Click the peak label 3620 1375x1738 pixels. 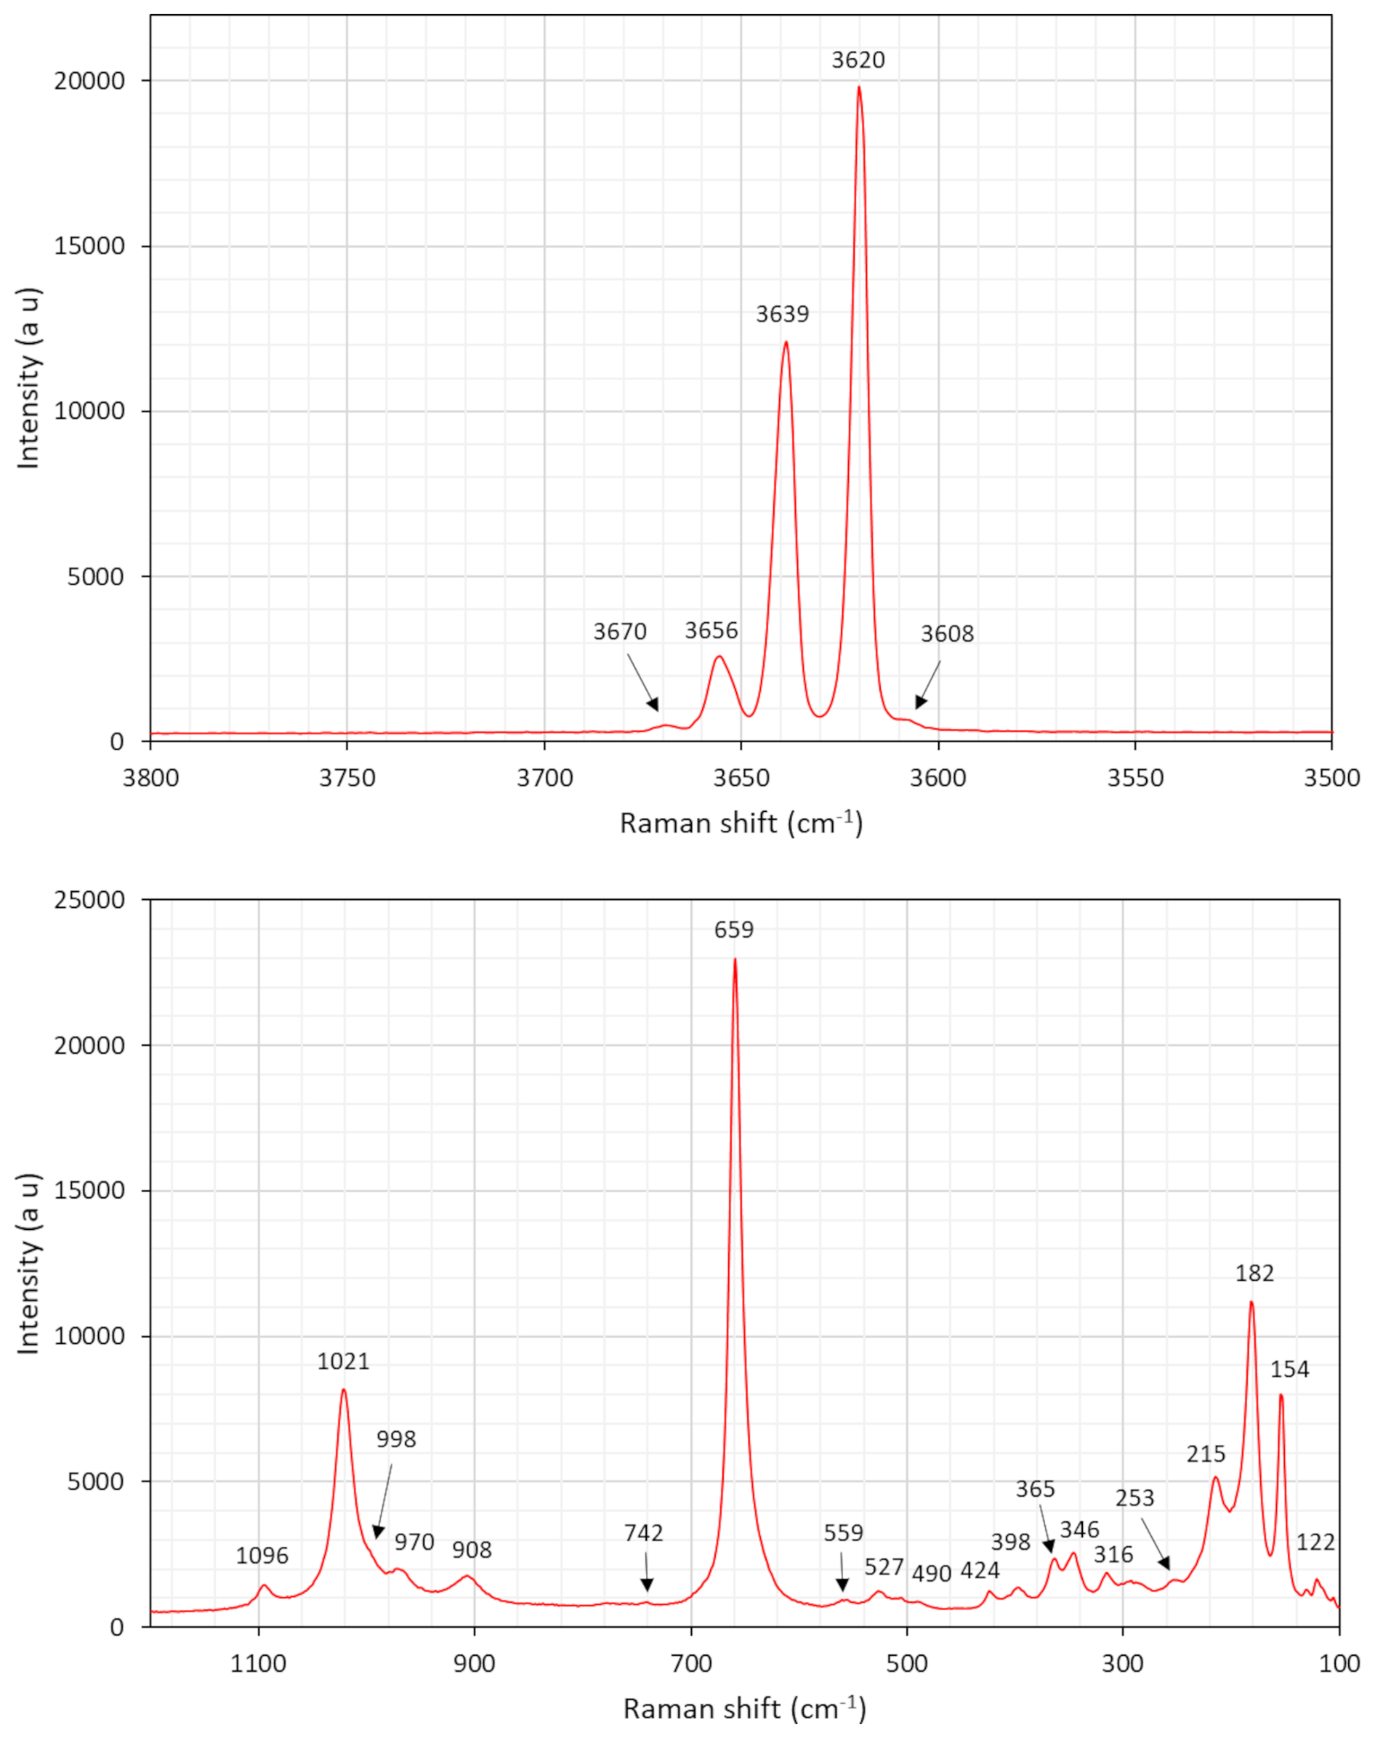pyautogui.click(x=858, y=60)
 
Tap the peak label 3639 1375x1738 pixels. pyautogui.click(x=782, y=314)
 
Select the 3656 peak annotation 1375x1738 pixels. pyautogui.click(x=711, y=630)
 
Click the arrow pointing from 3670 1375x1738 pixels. pyautogui.click(x=642, y=682)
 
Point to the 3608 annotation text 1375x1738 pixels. pyautogui.click(x=947, y=634)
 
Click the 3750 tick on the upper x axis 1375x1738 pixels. pyautogui.click(x=347, y=778)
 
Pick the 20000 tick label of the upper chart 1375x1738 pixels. pyautogui.click(x=89, y=81)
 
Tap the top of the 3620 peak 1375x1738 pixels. pyautogui.click(x=859, y=87)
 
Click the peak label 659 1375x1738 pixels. pyautogui.click(x=733, y=930)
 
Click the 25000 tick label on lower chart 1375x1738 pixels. pyautogui.click(x=89, y=900)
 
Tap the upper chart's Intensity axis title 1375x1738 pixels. pyautogui.click(x=28, y=379)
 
